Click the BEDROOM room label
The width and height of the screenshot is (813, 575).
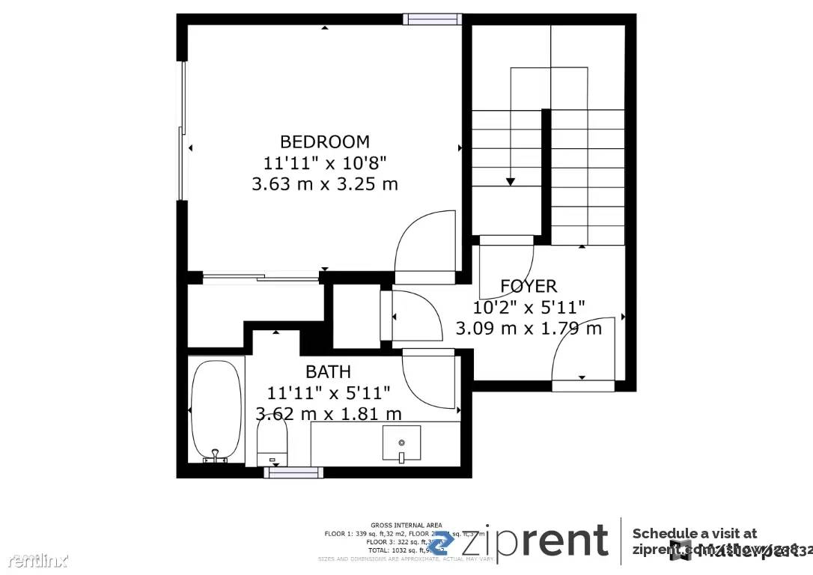pos(324,142)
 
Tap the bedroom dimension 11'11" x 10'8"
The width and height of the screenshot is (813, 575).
pos(324,162)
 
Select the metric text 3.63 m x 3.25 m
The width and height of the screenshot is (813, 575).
pos(324,183)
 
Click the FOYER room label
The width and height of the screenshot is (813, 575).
pos(529,286)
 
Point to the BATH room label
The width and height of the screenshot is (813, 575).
pos(328,371)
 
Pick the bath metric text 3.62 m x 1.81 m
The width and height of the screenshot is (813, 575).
pos(329,414)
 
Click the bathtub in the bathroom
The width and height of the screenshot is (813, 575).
pos(216,411)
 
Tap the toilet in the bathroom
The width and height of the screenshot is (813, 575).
pos(272,442)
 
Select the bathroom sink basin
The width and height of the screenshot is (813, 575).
pos(401,442)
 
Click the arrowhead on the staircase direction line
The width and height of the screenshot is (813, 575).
pos(511,181)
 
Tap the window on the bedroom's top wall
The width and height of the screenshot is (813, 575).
pos(432,19)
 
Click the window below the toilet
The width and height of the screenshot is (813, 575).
pos(293,472)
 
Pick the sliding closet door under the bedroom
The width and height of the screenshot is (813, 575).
pos(261,279)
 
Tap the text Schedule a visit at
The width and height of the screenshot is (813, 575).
pos(694,533)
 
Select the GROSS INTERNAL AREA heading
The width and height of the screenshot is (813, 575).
pos(406,525)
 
